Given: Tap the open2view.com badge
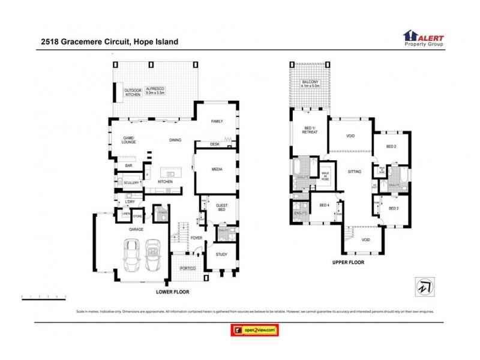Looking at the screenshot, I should pyautogui.click(x=255, y=330).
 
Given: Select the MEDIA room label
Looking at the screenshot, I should pyautogui.click(x=217, y=169).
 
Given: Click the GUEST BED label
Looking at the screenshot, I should pyautogui.click(x=221, y=208).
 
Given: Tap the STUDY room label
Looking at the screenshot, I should pyautogui.click(x=221, y=254).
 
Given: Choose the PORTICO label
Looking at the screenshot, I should pyautogui.click(x=188, y=268).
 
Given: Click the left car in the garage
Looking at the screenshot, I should pyautogui.click(x=132, y=256).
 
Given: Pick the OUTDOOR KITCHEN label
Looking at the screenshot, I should pyautogui.click(x=132, y=92).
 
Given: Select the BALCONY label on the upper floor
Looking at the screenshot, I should pyautogui.click(x=310, y=83).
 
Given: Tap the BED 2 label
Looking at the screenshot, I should pyautogui.click(x=391, y=146).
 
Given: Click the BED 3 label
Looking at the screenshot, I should pyautogui.click(x=394, y=208).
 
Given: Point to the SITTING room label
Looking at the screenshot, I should pyautogui.click(x=355, y=172).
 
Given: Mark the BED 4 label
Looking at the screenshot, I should pyautogui.click(x=324, y=206).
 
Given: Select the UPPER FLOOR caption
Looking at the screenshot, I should pyautogui.click(x=348, y=262).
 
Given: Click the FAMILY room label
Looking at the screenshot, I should pyautogui.click(x=217, y=121).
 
